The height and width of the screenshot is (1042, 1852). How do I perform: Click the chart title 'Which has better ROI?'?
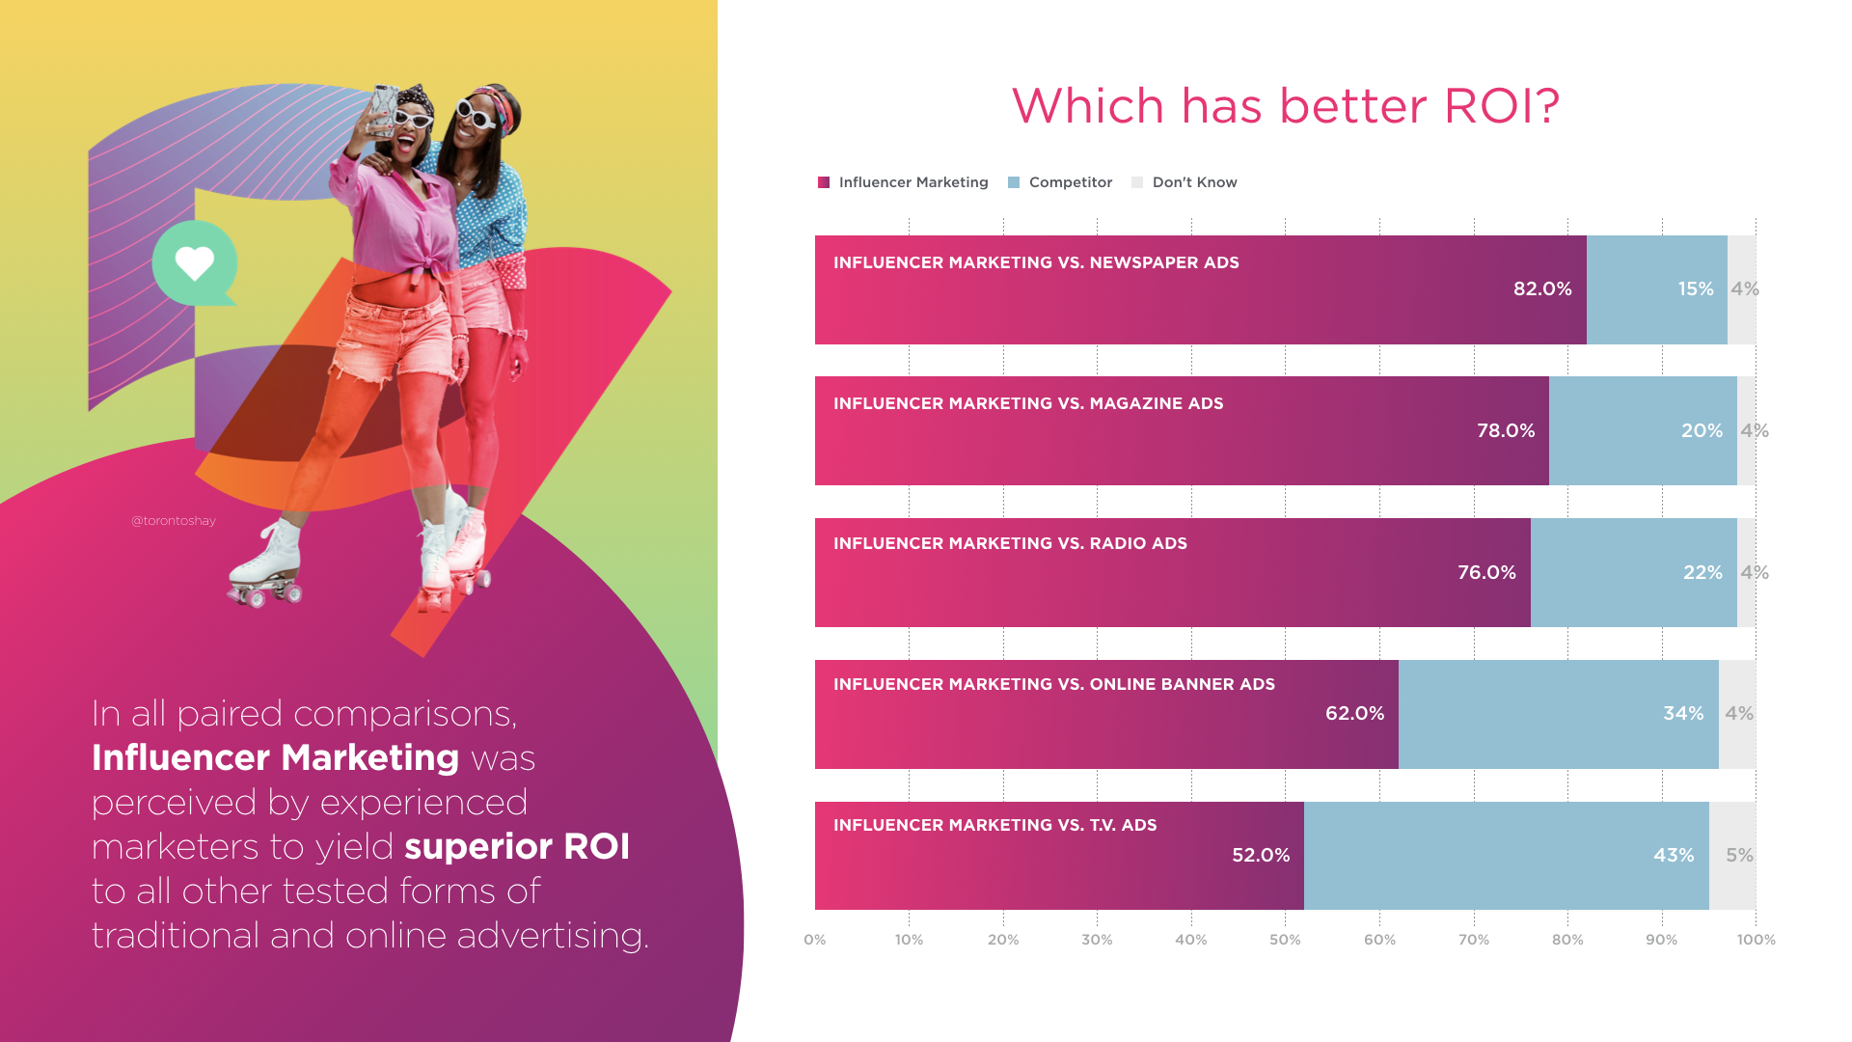pos(1285,106)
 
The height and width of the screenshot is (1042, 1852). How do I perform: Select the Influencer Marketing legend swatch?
pos(824,182)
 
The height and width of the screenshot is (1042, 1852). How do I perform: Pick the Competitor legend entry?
pos(1060,182)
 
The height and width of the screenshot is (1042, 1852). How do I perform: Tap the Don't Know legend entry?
pos(1185,182)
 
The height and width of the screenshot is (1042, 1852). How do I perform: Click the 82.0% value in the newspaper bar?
pos(1542,289)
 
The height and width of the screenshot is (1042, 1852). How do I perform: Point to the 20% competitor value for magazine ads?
pos(1702,431)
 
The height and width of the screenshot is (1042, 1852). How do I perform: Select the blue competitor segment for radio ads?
pos(1634,572)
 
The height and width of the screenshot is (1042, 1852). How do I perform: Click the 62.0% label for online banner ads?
pos(1354,714)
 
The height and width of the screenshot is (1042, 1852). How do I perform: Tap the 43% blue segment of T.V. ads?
pos(1507,856)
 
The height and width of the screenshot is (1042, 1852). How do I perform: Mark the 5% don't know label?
pos(1739,856)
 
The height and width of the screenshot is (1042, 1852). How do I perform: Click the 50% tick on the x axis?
pos(1285,940)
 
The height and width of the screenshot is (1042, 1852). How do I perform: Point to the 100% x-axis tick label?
pos(1756,940)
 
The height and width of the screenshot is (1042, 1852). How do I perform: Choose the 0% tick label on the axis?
pos(815,940)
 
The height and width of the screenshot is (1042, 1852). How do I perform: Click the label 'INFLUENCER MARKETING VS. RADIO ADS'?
pos(1010,544)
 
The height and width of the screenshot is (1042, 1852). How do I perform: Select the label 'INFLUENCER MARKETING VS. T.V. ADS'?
pos(994,826)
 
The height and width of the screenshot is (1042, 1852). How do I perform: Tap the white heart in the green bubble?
pos(194,263)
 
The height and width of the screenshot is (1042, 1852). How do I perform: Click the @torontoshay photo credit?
pos(174,521)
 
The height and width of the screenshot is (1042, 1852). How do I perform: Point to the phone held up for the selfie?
pos(384,108)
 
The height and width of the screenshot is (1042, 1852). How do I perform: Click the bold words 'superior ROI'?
pos(517,847)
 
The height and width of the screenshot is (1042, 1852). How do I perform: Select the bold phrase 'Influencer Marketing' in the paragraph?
pos(276,758)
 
